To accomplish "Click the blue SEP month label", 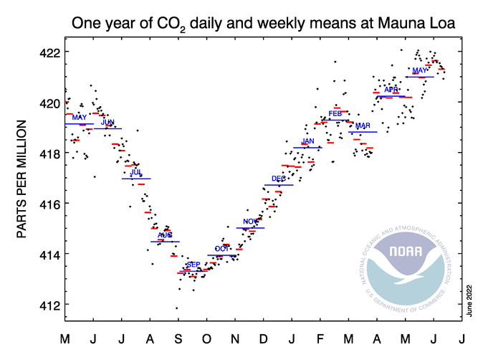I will pos(193,265).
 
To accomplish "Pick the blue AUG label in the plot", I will pos(165,235).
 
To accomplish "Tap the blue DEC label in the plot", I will pos(279,178).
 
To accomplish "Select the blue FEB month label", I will pos(335,113).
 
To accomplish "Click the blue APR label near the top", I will pos(391,90).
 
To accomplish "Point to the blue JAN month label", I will pos(307,141).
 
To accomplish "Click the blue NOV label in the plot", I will pos(250,221).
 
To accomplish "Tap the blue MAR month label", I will pos(363,125).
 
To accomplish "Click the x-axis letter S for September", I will pos(178,338).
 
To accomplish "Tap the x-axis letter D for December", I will pos(263,338).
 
